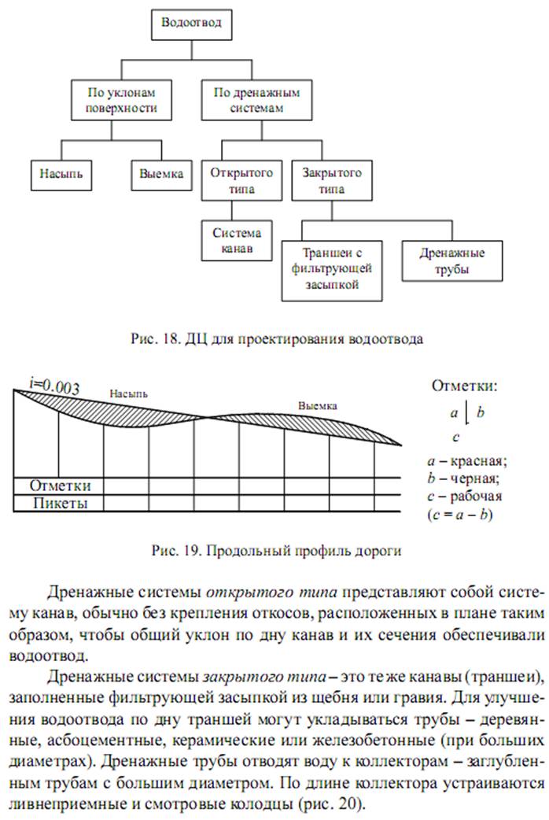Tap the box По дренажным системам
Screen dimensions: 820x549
point(257,101)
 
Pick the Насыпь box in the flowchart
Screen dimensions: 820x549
point(61,174)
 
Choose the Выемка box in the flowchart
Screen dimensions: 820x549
point(160,174)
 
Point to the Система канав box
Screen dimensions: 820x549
point(232,240)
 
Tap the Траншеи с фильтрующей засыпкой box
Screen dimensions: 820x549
point(331,270)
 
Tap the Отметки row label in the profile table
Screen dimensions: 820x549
point(59,485)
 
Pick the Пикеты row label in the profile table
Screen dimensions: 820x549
point(59,503)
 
